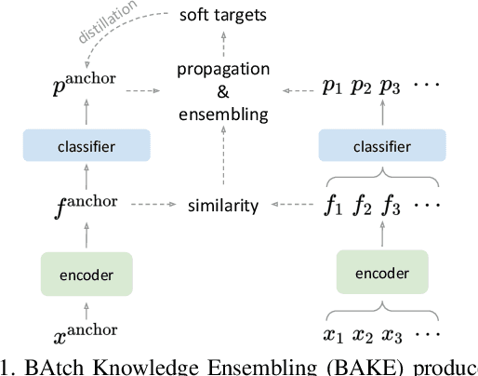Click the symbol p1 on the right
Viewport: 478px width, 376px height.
coord(329,90)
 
